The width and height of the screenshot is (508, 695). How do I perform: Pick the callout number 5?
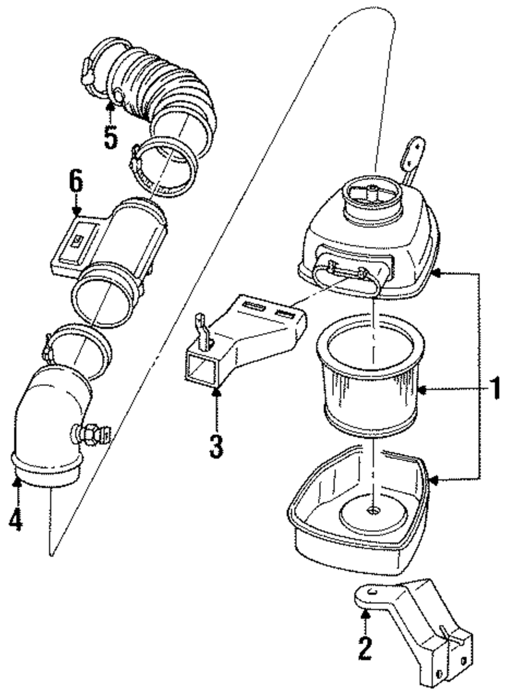(x=111, y=138)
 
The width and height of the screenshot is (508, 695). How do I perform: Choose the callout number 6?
(x=76, y=181)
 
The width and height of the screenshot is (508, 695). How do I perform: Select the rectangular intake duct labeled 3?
(x=246, y=341)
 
